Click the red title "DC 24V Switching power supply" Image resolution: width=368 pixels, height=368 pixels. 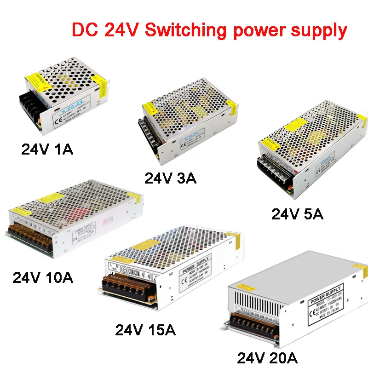pyautogui.click(x=209, y=30)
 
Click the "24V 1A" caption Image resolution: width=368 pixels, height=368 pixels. pyautogui.click(x=47, y=150)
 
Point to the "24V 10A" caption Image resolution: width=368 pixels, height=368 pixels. pyautogui.click(x=43, y=278)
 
